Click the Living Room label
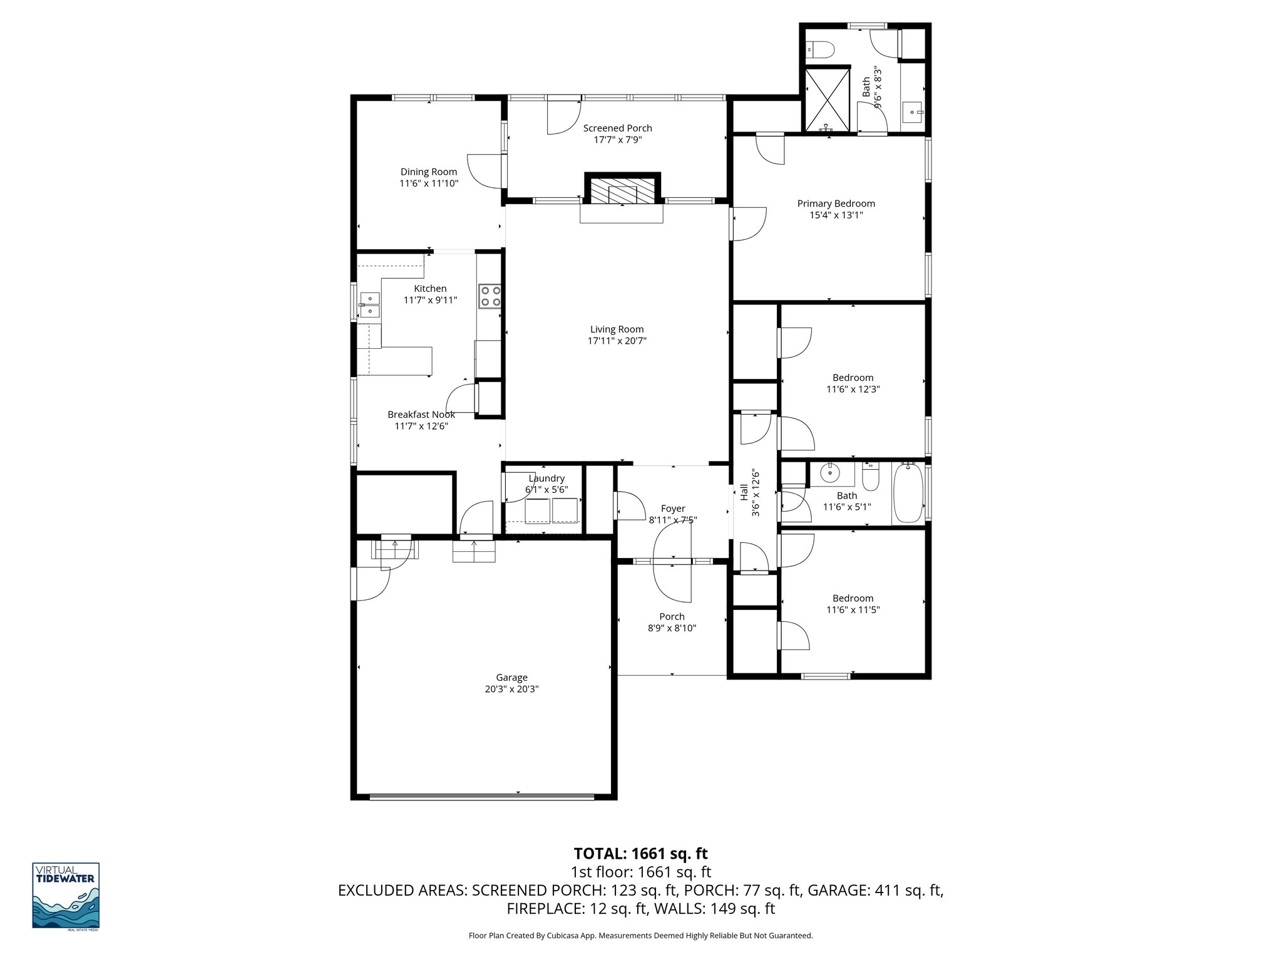click(617, 329)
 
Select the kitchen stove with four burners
click(490, 296)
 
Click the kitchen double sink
click(369, 304)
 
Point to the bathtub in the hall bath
click(907, 493)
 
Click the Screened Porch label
click(617, 128)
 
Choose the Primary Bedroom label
click(836, 204)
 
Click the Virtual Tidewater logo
click(66, 895)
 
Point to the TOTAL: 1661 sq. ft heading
click(640, 853)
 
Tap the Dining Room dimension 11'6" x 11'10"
click(429, 184)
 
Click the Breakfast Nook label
click(421, 415)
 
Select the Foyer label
click(673, 509)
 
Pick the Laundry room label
click(546, 478)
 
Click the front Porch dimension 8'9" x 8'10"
click(672, 628)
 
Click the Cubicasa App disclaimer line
click(640, 936)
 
